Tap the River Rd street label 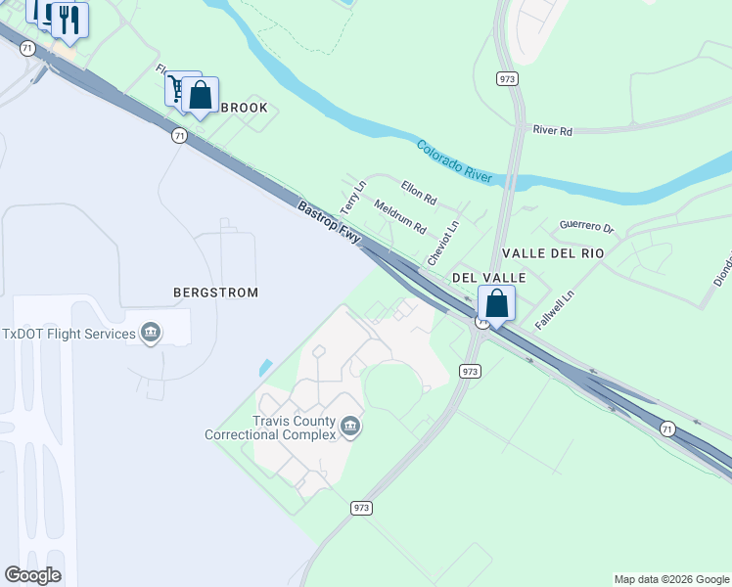pos(552,130)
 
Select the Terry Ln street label pos(352,198)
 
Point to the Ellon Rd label pos(419,191)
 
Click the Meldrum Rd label pos(401,217)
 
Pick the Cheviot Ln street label pos(440,244)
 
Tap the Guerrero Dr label pos(586,227)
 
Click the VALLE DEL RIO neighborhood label pos(553,252)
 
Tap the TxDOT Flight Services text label pos(69,334)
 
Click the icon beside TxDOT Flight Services pos(151,334)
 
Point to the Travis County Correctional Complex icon pos(351,427)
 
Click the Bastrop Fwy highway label pos(330,223)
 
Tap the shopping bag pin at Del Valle pos(497,303)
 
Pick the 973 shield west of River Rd pos(507,79)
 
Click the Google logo pos(32,575)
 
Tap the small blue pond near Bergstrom pos(266,368)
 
